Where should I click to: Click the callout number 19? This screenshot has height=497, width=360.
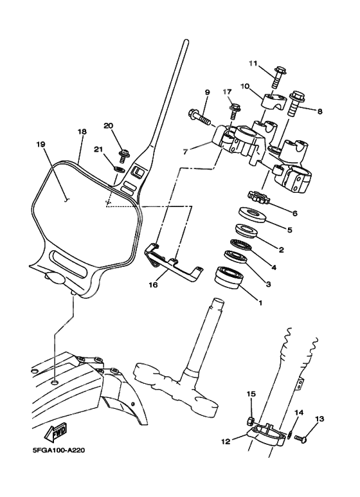[40, 145]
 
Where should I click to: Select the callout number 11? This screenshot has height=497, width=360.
[253, 63]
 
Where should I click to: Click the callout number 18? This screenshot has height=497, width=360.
[82, 131]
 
